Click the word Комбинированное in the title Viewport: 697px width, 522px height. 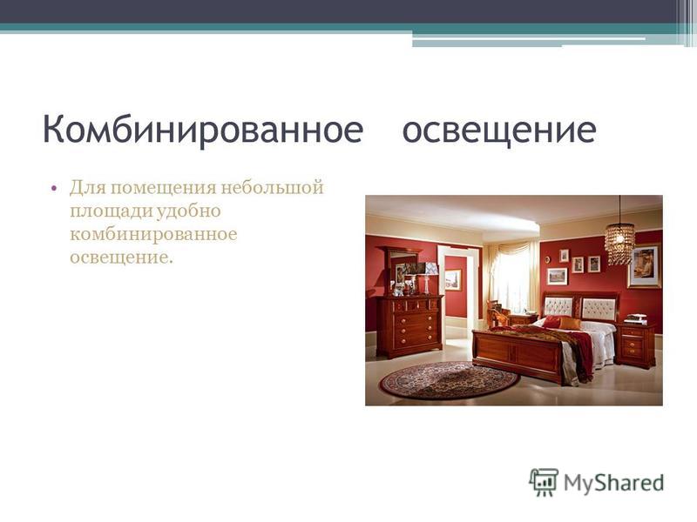[x=203, y=130]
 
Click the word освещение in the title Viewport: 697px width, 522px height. [x=499, y=130]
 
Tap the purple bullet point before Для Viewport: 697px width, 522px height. [x=54, y=188]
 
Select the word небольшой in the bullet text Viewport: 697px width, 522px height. [x=272, y=187]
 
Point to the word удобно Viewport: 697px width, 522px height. [x=188, y=211]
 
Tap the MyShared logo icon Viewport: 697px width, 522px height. [x=544, y=482]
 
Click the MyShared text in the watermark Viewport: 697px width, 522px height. [x=614, y=483]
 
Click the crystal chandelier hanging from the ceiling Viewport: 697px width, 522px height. [x=619, y=243]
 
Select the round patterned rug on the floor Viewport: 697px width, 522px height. [x=450, y=379]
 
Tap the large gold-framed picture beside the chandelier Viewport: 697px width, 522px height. [x=645, y=266]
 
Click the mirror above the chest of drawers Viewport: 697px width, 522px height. [x=403, y=270]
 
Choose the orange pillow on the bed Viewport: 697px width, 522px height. [x=571, y=323]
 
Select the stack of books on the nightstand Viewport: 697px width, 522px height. [x=636, y=318]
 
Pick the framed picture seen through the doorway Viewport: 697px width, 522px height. [x=453, y=279]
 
